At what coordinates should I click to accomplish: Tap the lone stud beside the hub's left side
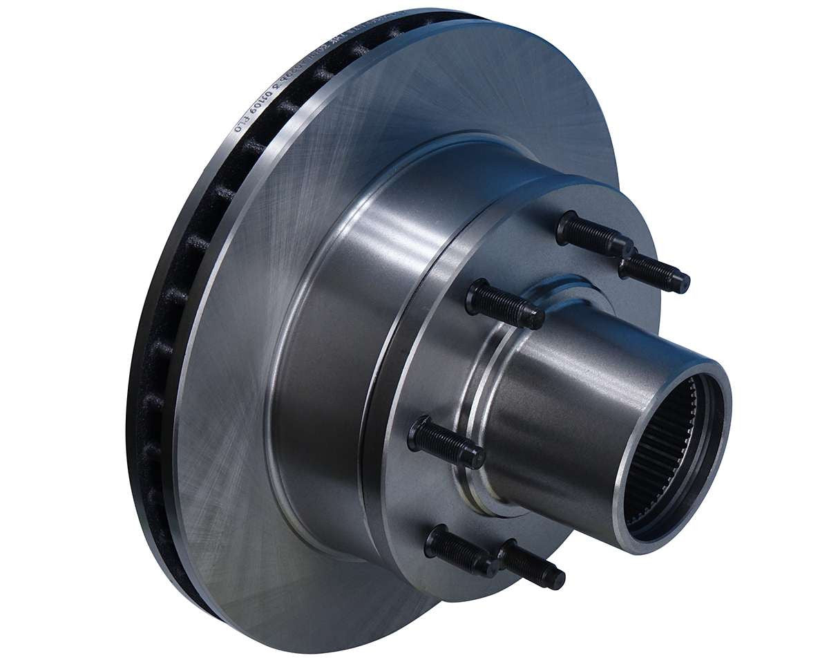[x=446, y=443]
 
